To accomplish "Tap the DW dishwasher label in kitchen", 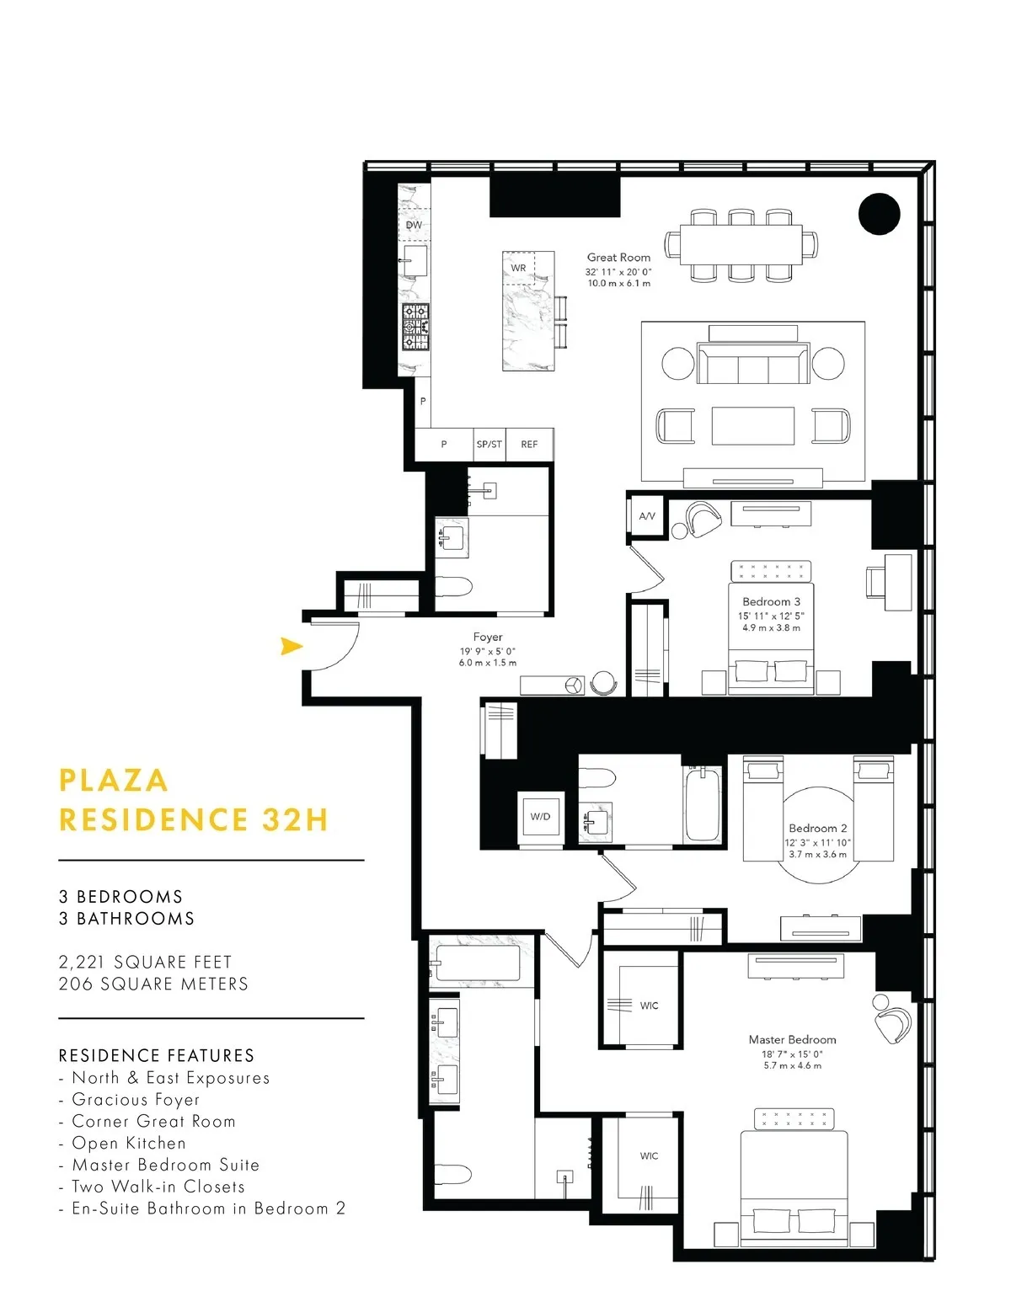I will (414, 225).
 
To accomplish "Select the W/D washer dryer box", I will (540, 816).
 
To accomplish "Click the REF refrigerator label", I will (529, 444).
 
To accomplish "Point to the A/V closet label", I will (647, 515).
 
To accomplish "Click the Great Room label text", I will (618, 257).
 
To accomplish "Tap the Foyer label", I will (488, 637).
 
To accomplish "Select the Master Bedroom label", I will (792, 1039).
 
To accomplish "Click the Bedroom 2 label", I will (817, 828).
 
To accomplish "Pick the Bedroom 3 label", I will (771, 601).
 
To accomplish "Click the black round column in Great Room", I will (880, 213).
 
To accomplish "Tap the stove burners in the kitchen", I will (415, 328).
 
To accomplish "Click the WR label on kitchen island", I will (518, 268).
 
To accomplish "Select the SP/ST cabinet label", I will (489, 444).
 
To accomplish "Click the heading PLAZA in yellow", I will (114, 780).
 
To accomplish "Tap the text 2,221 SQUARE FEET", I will (145, 962).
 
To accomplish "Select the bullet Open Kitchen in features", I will (128, 1143).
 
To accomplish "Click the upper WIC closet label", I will (649, 1006).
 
